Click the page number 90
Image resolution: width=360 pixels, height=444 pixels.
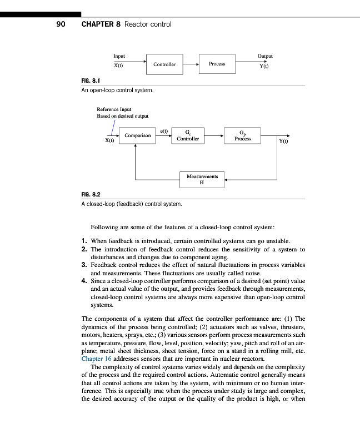(61, 24)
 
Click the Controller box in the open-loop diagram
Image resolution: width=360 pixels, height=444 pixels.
(164, 64)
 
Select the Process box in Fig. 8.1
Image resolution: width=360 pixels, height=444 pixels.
(217, 64)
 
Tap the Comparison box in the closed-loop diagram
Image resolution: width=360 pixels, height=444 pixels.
(138, 135)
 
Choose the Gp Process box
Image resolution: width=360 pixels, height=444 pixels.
(242, 135)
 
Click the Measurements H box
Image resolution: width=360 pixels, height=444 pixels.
(202, 179)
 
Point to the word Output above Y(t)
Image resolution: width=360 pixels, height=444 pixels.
(265, 56)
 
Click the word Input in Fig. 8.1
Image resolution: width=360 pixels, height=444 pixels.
(119, 56)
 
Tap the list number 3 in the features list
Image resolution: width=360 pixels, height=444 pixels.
(84, 265)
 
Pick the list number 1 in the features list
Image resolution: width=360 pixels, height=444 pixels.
(84, 241)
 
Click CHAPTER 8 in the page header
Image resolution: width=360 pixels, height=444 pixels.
(101, 24)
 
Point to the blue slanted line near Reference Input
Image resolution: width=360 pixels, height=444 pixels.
(113, 128)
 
